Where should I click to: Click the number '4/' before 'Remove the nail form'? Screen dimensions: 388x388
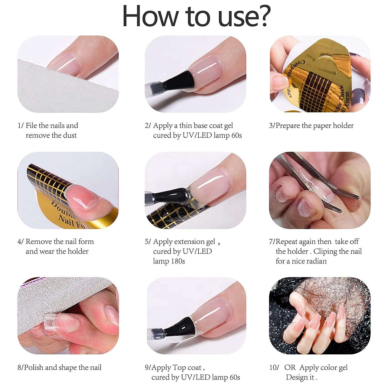pyautogui.click(x=20, y=242)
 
